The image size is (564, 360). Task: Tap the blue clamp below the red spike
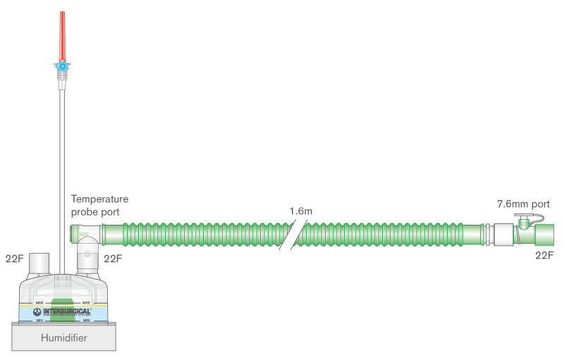[63, 67]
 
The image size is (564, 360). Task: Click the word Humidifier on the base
[63, 339]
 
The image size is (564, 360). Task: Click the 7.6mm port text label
[522, 204]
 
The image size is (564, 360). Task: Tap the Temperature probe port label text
[99, 205]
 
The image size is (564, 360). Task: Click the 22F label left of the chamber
[15, 258]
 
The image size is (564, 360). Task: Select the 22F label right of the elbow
[113, 258]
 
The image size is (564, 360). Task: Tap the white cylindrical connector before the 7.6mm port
[502, 234]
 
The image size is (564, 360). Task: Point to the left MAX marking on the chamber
[40, 302]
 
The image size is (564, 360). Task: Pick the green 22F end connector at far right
[542, 234]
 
